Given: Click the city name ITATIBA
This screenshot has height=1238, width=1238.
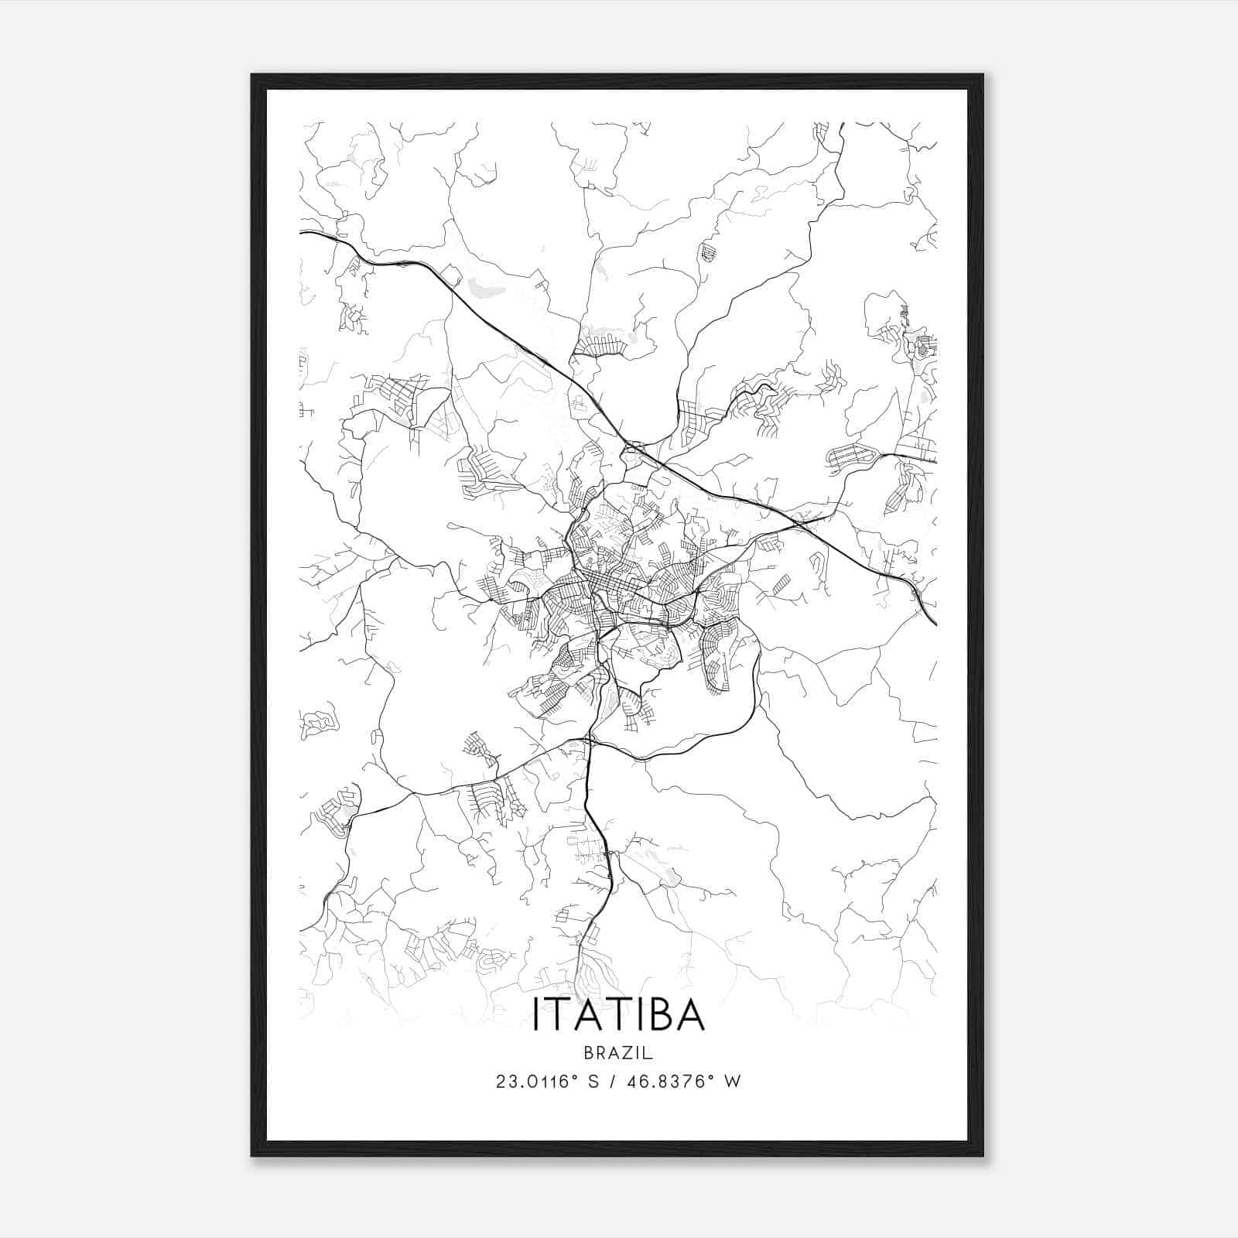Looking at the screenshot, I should (x=618, y=1014).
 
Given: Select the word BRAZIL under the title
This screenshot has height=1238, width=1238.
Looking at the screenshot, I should (x=618, y=1053).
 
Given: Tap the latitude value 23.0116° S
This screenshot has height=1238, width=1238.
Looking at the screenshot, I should (x=548, y=1082).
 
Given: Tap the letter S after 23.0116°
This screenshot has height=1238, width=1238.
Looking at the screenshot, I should (x=593, y=1082).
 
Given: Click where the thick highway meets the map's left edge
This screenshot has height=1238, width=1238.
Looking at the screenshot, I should (x=301, y=231).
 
